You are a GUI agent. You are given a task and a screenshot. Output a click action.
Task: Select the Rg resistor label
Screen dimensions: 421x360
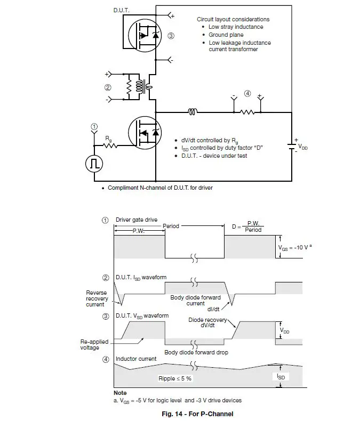pos(108,138)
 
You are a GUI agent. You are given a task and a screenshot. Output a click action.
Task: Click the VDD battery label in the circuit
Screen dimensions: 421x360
pos(302,147)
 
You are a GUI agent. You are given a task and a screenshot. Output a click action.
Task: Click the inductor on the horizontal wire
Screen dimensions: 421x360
pos(193,112)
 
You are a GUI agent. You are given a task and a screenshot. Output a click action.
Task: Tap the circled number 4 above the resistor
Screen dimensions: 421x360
pos(247,94)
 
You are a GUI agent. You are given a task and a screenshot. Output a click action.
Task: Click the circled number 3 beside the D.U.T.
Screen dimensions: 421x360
pos(171,36)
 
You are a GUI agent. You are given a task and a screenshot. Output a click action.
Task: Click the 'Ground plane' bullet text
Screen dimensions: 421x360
pos(226,35)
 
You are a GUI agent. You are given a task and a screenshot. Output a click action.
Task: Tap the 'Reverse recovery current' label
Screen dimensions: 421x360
pos(97,298)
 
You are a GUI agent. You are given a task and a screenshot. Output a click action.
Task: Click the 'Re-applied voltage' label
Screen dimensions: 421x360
pos(93,344)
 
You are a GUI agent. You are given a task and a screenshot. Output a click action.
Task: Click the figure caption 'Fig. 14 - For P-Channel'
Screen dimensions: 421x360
pos(197,414)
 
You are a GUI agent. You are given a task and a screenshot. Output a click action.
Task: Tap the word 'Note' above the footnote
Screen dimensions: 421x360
pos(120,393)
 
